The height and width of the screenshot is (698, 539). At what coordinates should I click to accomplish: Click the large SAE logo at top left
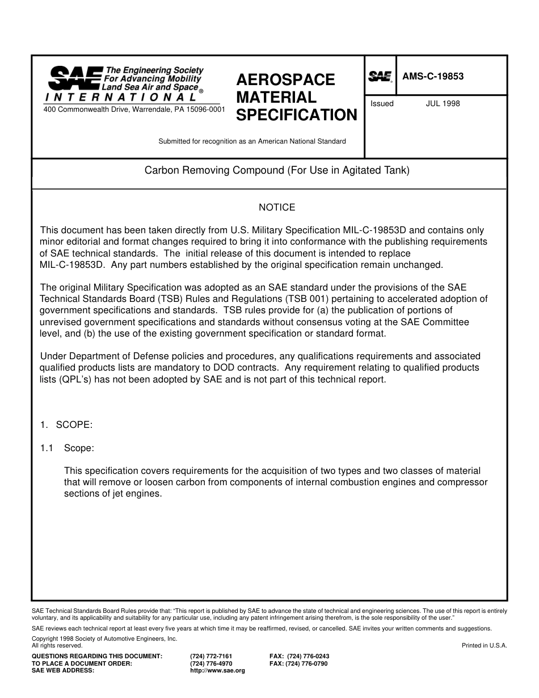[74, 78]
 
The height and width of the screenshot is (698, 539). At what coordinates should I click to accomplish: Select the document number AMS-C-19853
[433, 77]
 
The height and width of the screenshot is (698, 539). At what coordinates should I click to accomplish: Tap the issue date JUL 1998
[443, 104]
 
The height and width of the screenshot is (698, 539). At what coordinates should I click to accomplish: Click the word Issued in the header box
[382, 104]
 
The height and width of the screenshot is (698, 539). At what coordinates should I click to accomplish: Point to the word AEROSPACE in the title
[285, 79]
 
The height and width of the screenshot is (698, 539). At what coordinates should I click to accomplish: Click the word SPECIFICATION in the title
[296, 115]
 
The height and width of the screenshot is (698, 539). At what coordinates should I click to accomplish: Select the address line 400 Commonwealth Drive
[134, 109]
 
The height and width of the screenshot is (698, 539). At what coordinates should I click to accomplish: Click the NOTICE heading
[277, 208]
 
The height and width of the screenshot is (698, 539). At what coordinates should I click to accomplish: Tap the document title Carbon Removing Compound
[277, 170]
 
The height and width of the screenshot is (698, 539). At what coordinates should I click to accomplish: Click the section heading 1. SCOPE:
[66, 425]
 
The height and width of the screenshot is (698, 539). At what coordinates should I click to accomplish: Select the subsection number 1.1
[47, 448]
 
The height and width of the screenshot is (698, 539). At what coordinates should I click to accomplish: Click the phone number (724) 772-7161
[211, 656]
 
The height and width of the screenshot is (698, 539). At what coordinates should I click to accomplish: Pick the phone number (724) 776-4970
[211, 663]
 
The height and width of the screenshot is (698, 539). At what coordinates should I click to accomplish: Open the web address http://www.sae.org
[217, 670]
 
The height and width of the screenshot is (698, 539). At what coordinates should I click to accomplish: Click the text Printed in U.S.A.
[484, 645]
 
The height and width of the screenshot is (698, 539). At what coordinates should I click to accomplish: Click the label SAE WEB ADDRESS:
[63, 670]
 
